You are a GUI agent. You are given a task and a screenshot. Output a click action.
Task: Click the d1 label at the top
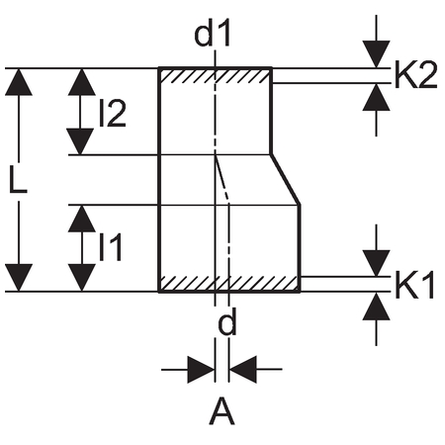coord(213,35)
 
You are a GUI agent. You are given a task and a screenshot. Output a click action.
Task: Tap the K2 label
coord(416,75)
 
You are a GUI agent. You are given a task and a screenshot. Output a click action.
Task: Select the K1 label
coord(414,285)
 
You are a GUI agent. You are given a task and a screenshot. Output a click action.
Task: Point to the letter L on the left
coord(18,179)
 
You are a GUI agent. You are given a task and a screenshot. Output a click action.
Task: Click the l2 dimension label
coord(113,114)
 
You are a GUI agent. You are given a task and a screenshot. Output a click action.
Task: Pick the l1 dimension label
coord(111,247)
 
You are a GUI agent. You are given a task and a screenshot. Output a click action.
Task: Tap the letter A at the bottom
coord(222,411)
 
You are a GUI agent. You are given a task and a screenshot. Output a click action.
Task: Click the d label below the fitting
coord(227,323)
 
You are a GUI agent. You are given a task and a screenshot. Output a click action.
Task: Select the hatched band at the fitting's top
coord(216,75)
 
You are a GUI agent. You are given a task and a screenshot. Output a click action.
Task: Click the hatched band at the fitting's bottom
coord(229,284)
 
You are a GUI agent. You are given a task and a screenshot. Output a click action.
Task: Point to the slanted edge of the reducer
coord(286,179)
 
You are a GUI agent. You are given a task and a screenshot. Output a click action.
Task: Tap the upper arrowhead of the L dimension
coord(19,82)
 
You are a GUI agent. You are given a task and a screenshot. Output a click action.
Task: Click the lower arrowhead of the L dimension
coord(19,278)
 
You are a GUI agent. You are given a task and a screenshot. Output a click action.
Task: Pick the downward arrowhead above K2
coord(376,54)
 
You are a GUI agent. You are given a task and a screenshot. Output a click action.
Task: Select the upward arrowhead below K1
coord(376,307)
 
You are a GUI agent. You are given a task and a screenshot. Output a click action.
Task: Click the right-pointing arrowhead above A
coord(201,370)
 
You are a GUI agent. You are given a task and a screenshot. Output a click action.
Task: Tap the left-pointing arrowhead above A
coord(243,370)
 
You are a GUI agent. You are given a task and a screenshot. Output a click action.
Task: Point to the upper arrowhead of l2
coord(82,82)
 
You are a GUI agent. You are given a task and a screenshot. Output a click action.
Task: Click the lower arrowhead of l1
coord(81,278)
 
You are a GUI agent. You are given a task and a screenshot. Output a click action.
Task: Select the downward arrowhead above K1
coord(376,263)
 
